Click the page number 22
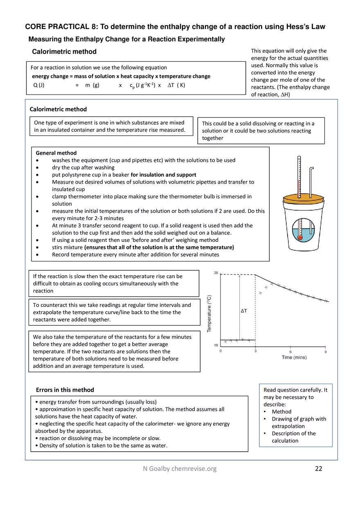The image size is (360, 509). click(318, 469)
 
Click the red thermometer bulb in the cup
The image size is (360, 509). click(300, 237)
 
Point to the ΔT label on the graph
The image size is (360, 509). click(243, 311)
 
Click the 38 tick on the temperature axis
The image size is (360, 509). click(216, 273)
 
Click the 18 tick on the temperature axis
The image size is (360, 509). click(216, 346)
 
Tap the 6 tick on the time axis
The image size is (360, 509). click(290, 351)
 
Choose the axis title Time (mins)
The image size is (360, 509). click(294, 358)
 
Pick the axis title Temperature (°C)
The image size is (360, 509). click(209, 313)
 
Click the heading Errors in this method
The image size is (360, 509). click(65, 390)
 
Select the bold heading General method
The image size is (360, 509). click(56, 153)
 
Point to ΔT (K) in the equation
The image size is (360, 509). click(176, 86)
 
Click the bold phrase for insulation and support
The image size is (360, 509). click(163, 175)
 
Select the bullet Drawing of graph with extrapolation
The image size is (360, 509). click(299, 422)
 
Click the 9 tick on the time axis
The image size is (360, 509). click(326, 351)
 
